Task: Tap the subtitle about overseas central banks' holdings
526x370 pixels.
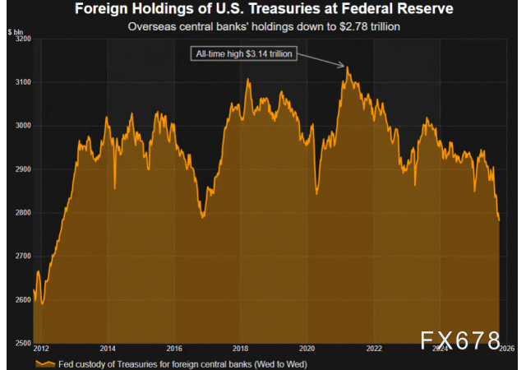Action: pyautogui.click(x=263, y=26)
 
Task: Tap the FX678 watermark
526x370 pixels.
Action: pyautogui.click(x=461, y=340)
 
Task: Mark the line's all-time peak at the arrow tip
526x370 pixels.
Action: pyautogui.click(x=347, y=67)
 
